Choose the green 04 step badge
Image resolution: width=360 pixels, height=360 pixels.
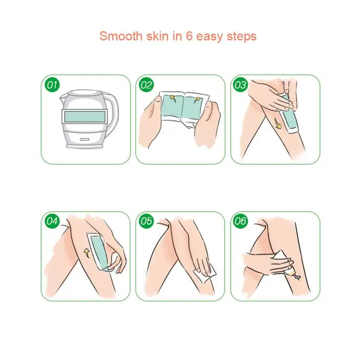point(53,221)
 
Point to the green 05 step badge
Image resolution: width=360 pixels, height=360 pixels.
point(147,221)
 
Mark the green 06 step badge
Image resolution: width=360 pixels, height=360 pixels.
point(241,221)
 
